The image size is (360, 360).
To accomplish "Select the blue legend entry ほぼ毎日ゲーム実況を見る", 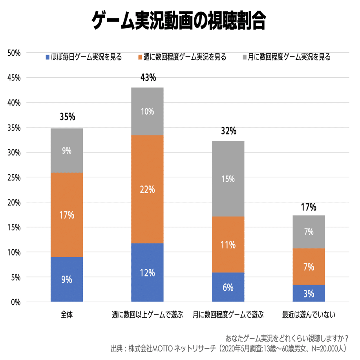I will pyautogui.click(x=84, y=57).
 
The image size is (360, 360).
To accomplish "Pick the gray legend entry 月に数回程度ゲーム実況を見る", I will pyautogui.click(x=287, y=57).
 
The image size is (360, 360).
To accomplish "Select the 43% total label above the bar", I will pyautogui.click(x=148, y=77).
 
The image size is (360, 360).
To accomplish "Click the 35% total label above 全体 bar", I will pyautogui.click(x=67, y=117).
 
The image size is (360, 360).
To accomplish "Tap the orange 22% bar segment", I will pyautogui.click(x=148, y=189).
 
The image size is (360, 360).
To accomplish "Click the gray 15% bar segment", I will pyautogui.click(x=228, y=179).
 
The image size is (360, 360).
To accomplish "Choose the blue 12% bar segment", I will pyautogui.click(x=148, y=272).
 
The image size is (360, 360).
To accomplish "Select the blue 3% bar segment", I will pyautogui.click(x=309, y=293).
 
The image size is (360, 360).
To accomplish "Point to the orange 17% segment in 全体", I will pyautogui.click(x=67, y=215).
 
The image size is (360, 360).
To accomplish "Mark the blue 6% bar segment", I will pyautogui.click(x=228, y=287).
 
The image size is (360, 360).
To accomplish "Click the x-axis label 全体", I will pyautogui.click(x=67, y=314).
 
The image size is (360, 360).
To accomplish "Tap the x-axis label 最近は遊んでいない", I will pyautogui.click(x=309, y=314).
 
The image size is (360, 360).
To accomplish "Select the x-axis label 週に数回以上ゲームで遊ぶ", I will pyautogui.click(x=148, y=314).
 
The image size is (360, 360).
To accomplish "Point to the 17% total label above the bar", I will pyautogui.click(x=309, y=207).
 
